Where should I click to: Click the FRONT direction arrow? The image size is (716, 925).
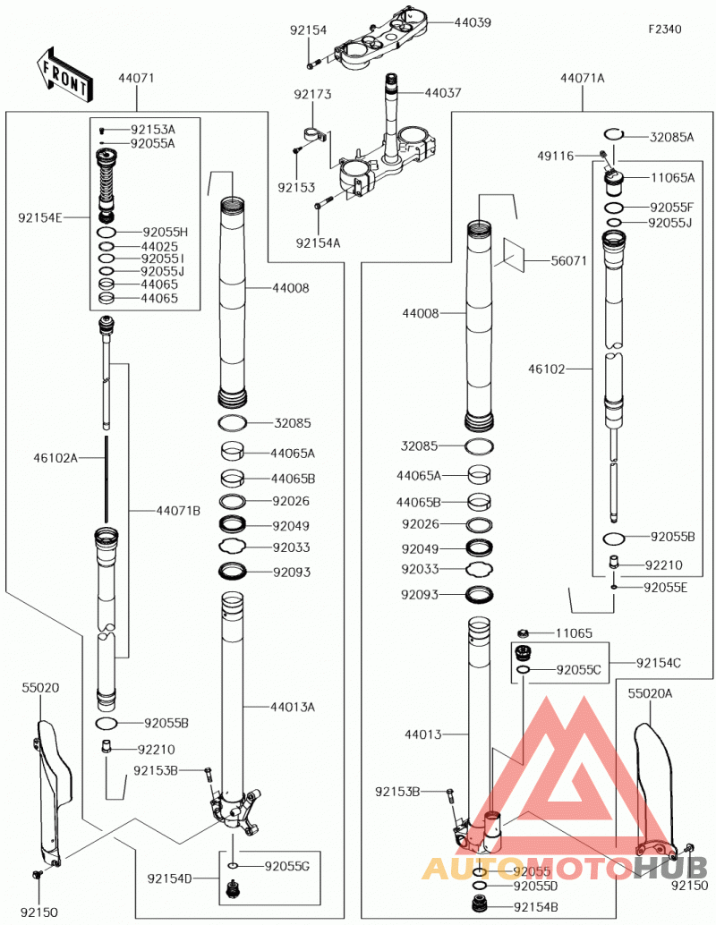[x=63, y=73]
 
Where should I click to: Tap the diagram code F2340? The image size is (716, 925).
[x=665, y=29]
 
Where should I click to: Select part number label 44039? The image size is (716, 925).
[x=473, y=22]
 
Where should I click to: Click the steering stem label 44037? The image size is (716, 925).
[x=443, y=93]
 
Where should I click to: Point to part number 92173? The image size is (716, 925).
[x=313, y=94]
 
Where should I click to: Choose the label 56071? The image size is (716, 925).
[x=568, y=260]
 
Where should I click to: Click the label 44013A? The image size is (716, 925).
[x=293, y=707]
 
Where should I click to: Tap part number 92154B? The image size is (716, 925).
[x=536, y=907]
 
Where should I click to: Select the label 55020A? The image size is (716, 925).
[x=650, y=693]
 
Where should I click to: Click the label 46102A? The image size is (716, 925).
[x=55, y=458]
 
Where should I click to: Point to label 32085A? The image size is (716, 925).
[x=672, y=137]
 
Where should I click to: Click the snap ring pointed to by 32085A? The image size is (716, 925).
[x=615, y=134]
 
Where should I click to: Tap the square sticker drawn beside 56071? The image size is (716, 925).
[x=510, y=253]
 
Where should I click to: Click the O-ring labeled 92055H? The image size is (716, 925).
[x=107, y=232]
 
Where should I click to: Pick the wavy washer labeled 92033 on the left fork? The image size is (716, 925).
[x=232, y=547]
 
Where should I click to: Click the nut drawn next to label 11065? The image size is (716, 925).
[x=523, y=633]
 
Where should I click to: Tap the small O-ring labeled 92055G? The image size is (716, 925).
[x=234, y=865]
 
